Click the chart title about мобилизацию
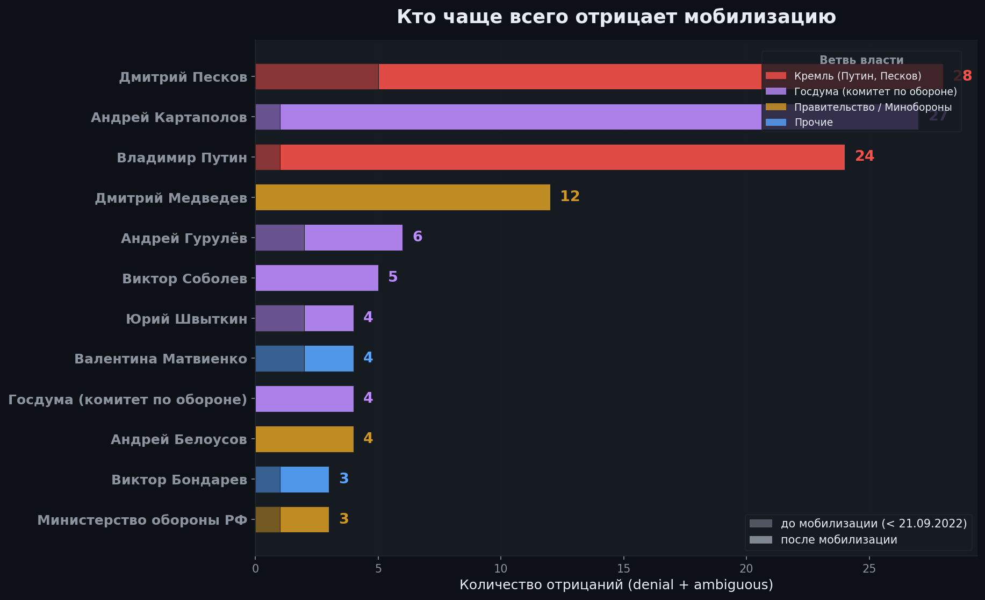point(616,17)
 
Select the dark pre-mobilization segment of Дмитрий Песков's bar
point(317,76)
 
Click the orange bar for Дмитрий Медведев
point(402,197)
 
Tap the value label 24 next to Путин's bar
point(864,156)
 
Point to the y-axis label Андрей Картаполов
point(169,117)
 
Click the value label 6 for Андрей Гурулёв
point(418,237)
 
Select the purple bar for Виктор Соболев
point(317,278)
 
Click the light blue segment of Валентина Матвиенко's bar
point(329,359)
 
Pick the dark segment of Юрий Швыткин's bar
point(280,318)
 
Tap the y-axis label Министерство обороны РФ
point(142,520)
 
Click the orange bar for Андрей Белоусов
point(304,439)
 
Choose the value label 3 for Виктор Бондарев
point(344,478)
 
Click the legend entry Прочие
point(813,123)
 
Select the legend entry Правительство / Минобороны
point(872,107)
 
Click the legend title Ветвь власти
point(861,60)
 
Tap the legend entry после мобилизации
point(838,540)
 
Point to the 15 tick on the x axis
point(623,569)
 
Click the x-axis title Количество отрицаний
point(616,585)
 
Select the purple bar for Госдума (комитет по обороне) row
point(304,399)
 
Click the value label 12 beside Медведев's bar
point(570,196)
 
